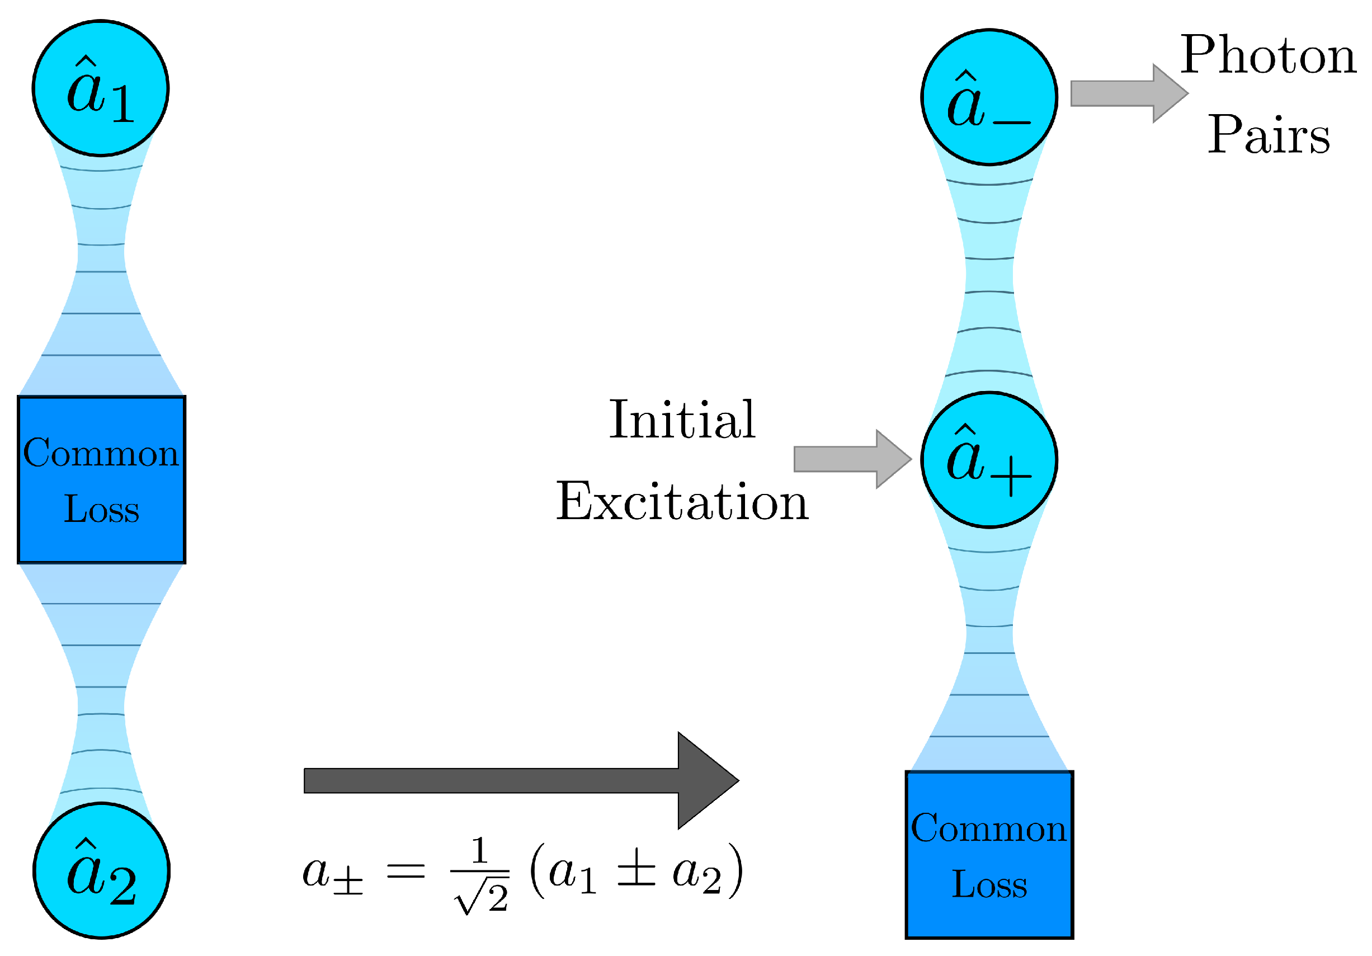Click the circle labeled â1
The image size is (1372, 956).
pyautogui.click(x=100, y=88)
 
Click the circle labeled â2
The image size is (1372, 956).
pyautogui.click(x=102, y=870)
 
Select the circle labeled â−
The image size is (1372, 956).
pyautogui.click(x=989, y=97)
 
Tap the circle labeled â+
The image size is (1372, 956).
pyautogui.click(x=989, y=460)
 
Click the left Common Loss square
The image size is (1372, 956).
pyautogui.click(x=102, y=480)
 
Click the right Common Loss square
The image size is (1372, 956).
pyautogui.click(x=989, y=854)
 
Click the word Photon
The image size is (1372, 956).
pyautogui.click(x=1268, y=55)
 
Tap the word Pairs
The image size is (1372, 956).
pyautogui.click(x=1269, y=134)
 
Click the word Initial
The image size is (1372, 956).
pyautogui.click(x=682, y=420)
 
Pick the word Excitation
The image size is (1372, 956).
pyautogui.click(x=682, y=502)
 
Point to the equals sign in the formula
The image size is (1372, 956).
pyautogui.click(x=406, y=872)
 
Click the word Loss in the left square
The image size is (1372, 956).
pyautogui.click(x=102, y=509)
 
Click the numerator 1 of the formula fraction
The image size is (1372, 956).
pyautogui.click(x=479, y=850)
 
